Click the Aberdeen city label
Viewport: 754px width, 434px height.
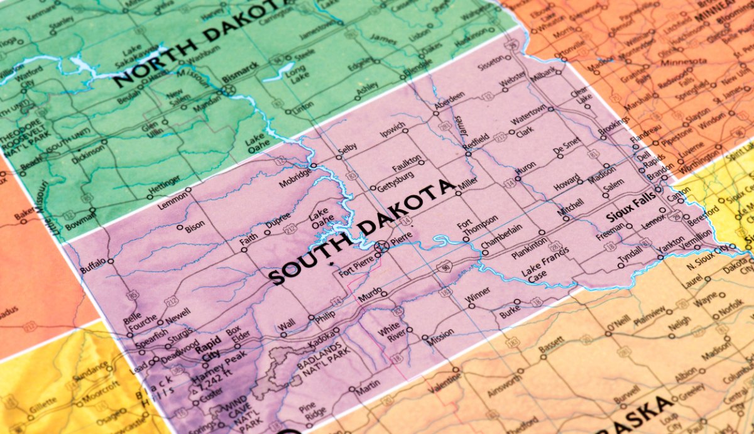[449, 99]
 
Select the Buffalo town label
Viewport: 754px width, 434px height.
[93, 264]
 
